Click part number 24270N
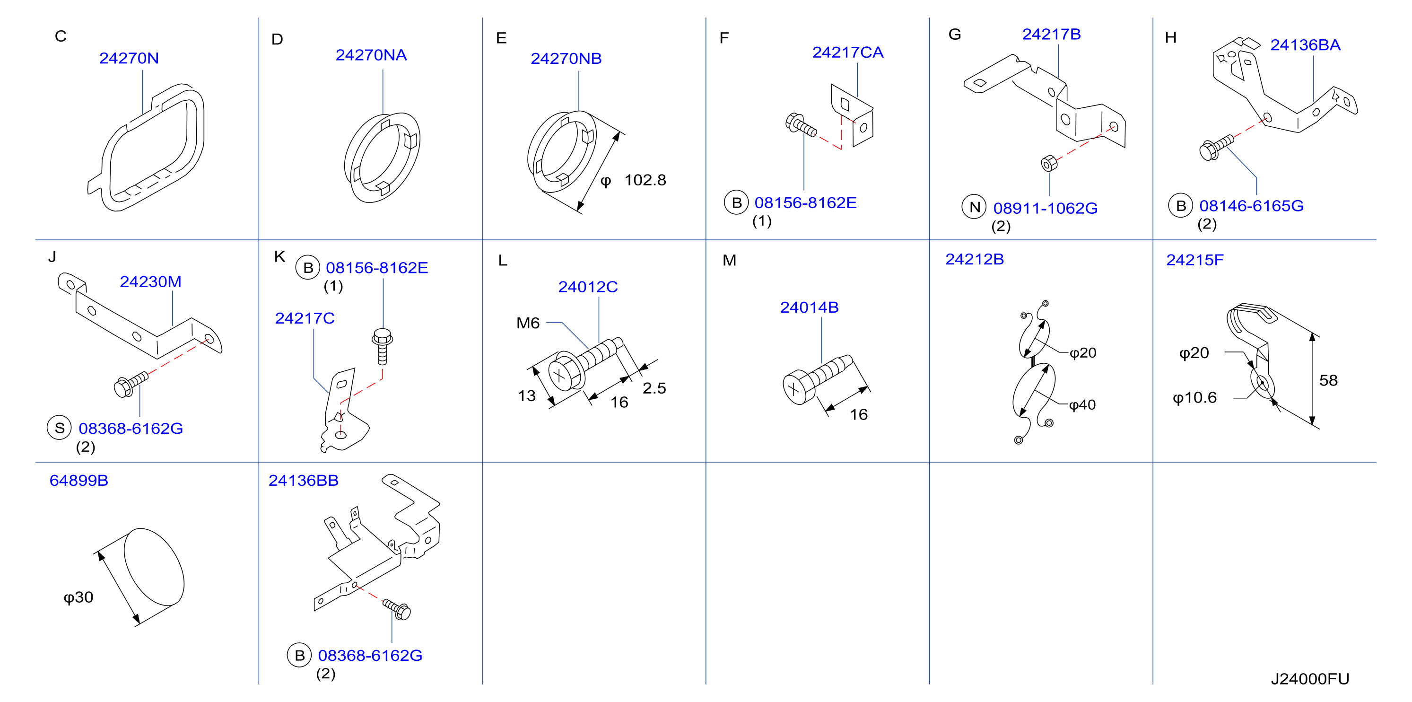tap(129, 58)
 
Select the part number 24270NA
tap(371, 55)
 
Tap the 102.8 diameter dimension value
tap(645, 180)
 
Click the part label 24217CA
tap(847, 52)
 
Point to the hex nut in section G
tap(1048, 163)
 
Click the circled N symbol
tap(974, 207)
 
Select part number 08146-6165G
tap(1251, 206)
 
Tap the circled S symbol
tap(59, 428)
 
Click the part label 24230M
tap(150, 281)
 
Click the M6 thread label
tap(528, 323)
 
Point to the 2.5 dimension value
tap(654, 388)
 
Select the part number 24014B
tap(809, 307)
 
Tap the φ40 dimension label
tap(1082, 405)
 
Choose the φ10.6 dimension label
tap(1194, 398)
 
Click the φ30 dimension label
tap(78, 597)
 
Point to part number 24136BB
tap(303, 481)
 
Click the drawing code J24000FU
tap(1309, 679)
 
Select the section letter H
tap(1171, 37)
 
